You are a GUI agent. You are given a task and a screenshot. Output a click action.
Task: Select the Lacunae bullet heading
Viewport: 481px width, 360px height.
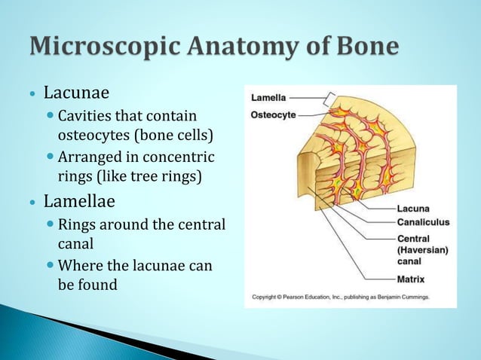coord(76,93)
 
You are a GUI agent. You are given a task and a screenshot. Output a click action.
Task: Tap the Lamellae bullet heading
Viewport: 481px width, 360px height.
coord(79,202)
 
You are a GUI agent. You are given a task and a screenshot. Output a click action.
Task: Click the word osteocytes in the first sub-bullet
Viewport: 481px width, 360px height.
coord(96,136)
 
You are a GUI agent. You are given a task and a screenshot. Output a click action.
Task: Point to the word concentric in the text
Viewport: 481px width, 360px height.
coord(181,157)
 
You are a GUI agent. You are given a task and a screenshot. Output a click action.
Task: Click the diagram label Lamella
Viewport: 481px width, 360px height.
coord(268,98)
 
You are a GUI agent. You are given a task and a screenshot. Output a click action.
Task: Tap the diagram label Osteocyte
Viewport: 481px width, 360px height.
coord(273,115)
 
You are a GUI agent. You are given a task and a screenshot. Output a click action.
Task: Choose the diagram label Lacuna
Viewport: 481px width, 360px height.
coord(413,209)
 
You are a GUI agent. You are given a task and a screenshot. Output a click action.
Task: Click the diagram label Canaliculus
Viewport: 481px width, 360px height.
coord(423,222)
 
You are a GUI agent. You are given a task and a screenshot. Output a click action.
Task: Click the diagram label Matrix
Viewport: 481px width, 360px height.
coord(411,279)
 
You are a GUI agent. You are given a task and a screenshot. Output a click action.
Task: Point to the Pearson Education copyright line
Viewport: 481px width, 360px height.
coord(340,297)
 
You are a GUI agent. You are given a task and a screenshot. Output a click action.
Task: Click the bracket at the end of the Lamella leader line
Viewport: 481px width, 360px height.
coord(330,98)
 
